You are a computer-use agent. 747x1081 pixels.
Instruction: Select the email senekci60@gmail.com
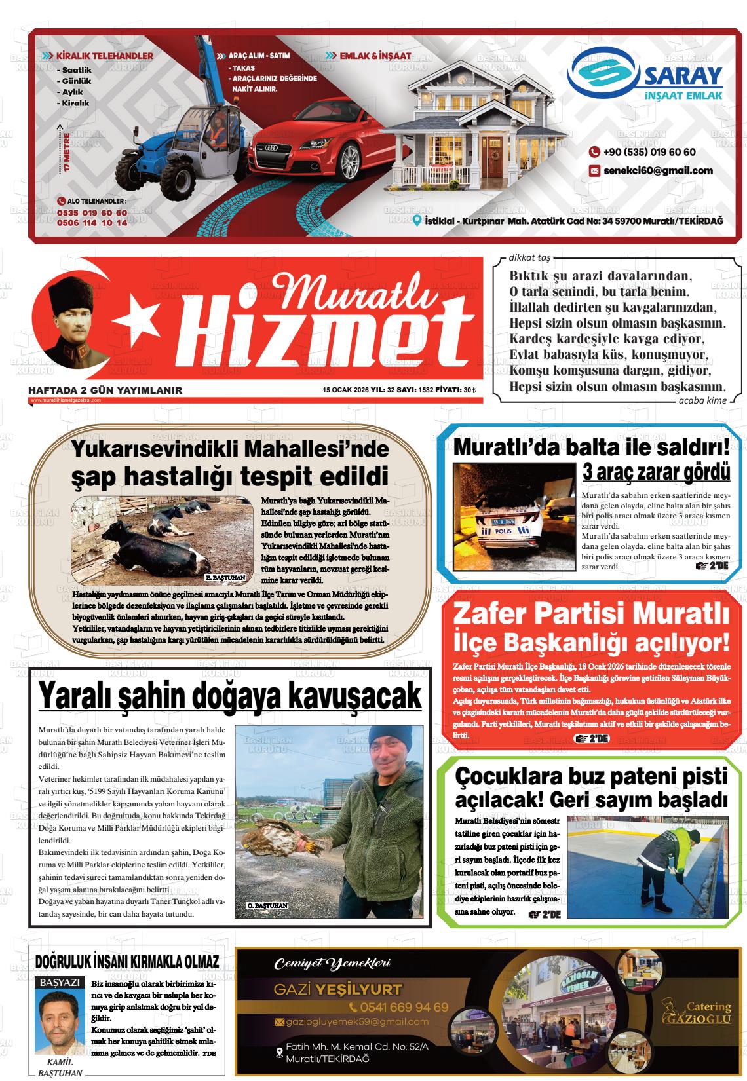[651, 170]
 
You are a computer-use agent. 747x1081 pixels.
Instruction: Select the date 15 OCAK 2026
[346, 390]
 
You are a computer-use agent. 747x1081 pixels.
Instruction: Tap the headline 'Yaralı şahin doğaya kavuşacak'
[229, 695]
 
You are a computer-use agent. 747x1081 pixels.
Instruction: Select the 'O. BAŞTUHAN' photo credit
[267, 905]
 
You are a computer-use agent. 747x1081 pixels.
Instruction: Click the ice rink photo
[647, 863]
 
